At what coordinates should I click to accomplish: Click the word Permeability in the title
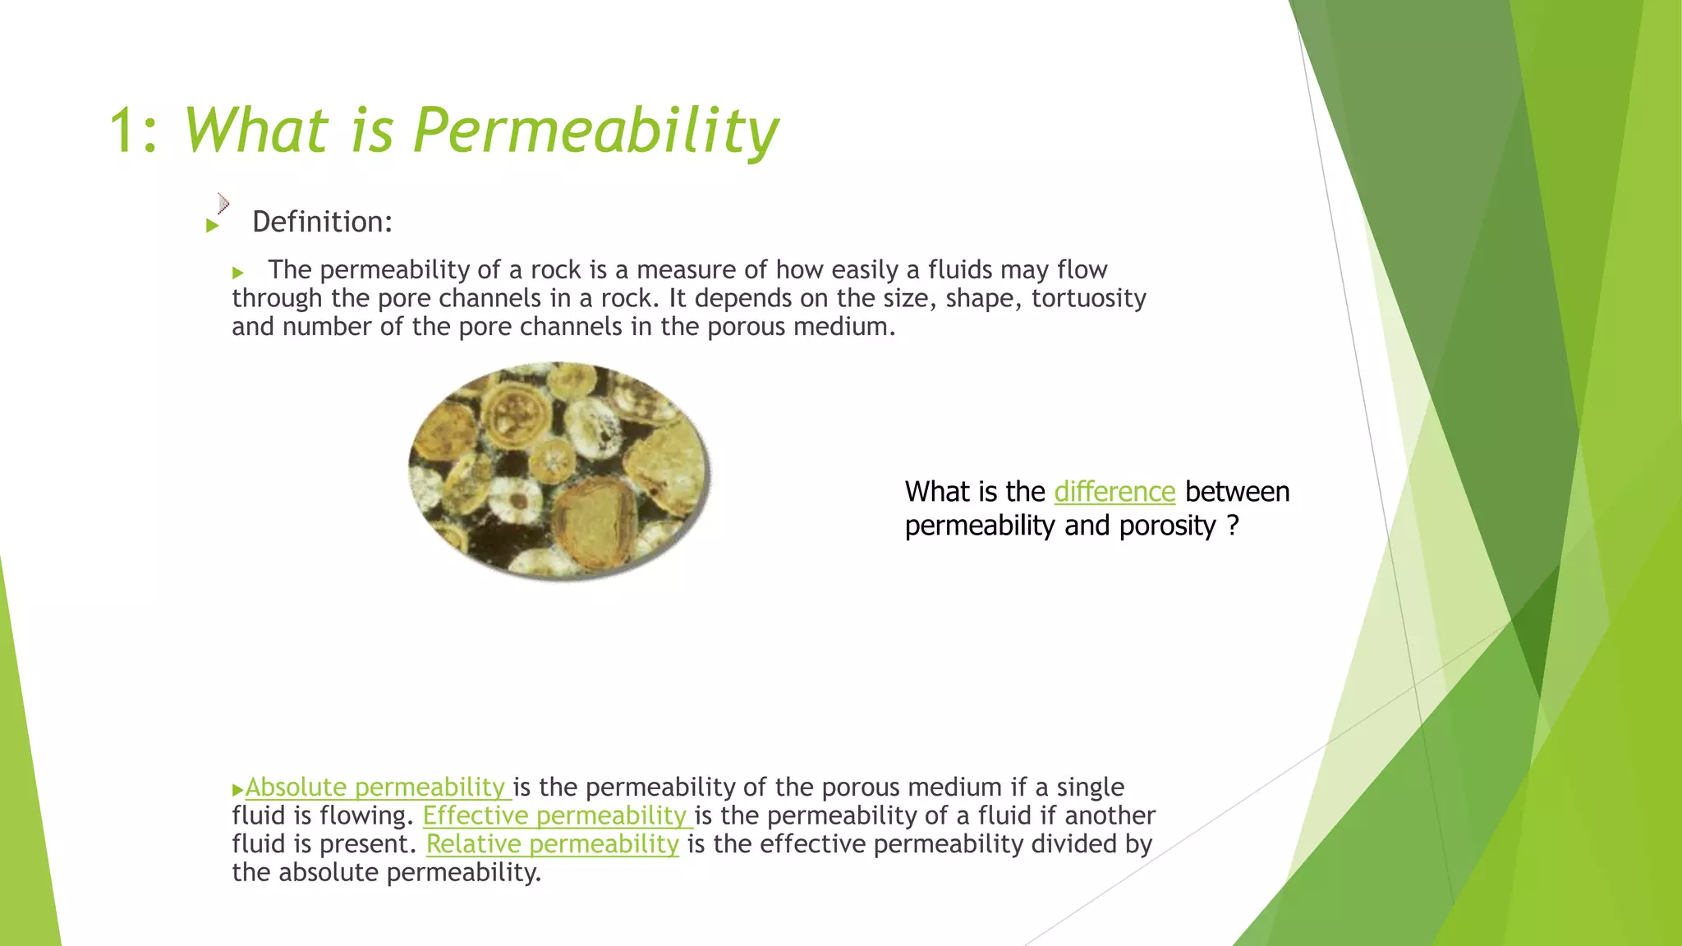click(595, 131)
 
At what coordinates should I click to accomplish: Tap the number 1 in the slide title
click(122, 131)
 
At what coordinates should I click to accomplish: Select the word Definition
click(322, 222)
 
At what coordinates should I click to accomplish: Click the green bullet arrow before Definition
click(213, 225)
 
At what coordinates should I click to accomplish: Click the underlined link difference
click(1114, 491)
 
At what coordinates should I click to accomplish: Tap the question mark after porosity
click(1233, 526)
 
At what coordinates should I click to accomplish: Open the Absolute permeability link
click(375, 787)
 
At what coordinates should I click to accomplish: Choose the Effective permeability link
click(555, 815)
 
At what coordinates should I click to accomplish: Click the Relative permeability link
click(552, 844)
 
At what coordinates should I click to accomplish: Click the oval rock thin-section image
click(559, 470)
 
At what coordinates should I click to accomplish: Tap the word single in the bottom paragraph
click(1090, 787)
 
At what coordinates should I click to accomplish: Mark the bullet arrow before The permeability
click(238, 273)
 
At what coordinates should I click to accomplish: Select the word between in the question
click(1237, 491)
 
